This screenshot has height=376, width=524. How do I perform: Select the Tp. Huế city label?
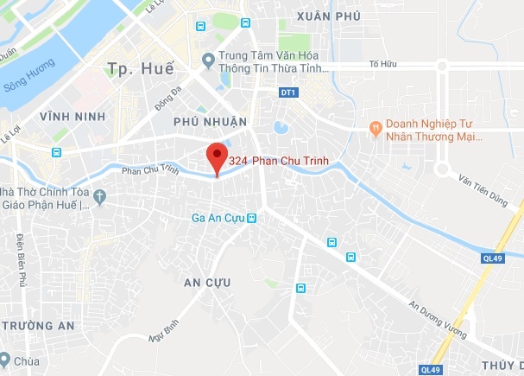coord(139,68)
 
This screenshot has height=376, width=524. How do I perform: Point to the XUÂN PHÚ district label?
coord(327,16)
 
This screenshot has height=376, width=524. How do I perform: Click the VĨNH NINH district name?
coord(77,116)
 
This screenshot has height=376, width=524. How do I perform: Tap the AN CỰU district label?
coord(208,282)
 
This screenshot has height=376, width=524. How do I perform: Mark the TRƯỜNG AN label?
coord(38,325)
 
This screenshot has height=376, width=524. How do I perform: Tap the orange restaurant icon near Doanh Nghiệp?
coord(375,128)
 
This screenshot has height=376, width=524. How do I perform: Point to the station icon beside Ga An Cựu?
coord(252,218)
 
